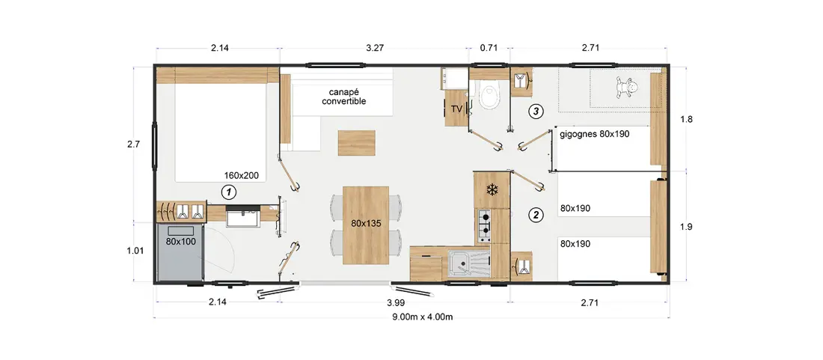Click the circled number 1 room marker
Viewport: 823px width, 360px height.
point(228,192)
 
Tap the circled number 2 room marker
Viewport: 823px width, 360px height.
point(536,214)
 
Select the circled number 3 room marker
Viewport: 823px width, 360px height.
point(536,112)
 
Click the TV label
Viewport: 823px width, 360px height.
point(456,109)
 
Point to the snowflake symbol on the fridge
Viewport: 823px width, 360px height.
point(492,190)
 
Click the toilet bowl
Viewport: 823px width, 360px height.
point(490,97)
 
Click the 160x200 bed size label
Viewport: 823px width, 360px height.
point(242,176)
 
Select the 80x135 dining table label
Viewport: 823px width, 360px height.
point(367,223)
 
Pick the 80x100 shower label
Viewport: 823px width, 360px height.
point(180,242)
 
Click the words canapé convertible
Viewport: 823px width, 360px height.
point(344,96)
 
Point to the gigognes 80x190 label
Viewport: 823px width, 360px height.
point(595,134)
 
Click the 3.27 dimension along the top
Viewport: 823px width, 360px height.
point(375,49)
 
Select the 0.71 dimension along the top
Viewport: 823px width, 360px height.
point(489,49)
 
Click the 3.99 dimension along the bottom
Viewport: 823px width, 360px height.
point(395,303)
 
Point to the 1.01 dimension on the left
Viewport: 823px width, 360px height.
point(135,251)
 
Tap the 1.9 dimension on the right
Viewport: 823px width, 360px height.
point(686,227)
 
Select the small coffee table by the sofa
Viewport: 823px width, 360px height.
point(357,143)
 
